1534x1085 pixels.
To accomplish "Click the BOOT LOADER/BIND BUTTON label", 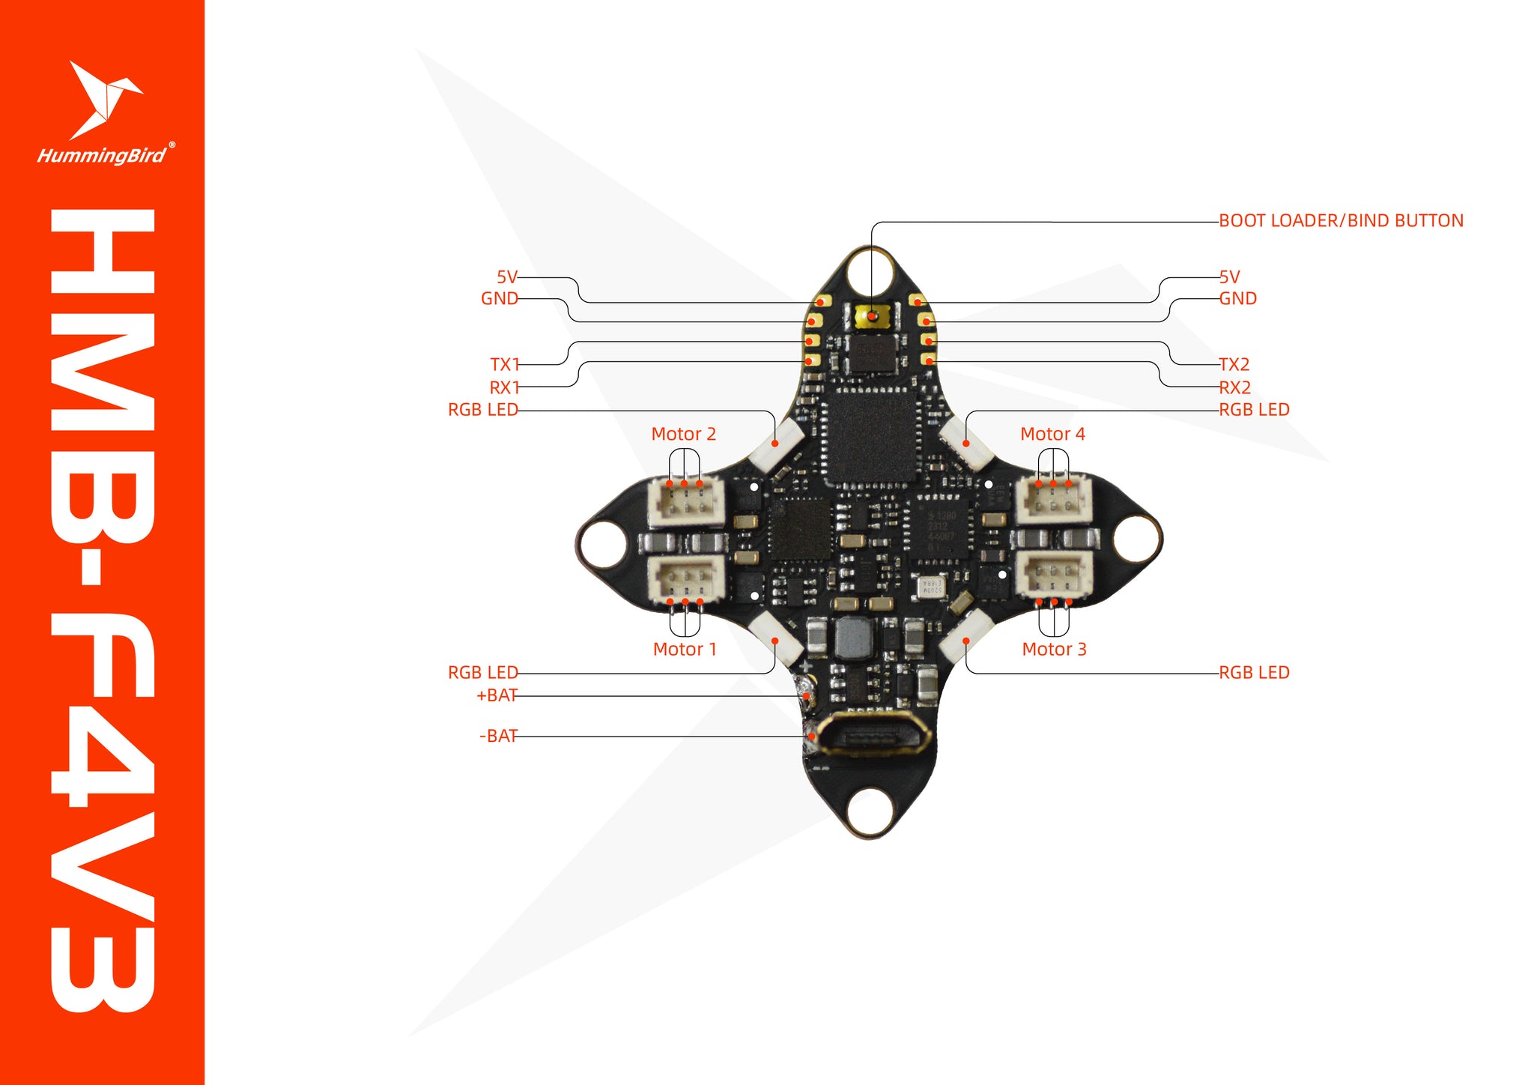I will click(x=1341, y=221).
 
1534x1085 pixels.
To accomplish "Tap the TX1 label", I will click(x=504, y=365).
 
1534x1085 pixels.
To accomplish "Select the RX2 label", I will click(x=1235, y=388).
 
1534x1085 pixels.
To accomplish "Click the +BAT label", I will click(x=497, y=695).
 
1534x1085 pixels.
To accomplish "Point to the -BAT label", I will click(x=498, y=737).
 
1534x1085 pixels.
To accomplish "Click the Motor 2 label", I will click(x=683, y=435).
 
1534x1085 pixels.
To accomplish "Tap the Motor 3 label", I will click(x=1054, y=650).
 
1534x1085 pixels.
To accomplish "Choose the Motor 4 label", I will click(x=1052, y=435).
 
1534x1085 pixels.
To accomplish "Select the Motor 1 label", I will click(x=685, y=650).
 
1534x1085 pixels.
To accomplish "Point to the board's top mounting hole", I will click(x=870, y=271).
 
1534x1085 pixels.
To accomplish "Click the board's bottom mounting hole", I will click(x=870, y=812).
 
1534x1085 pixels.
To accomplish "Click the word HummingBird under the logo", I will click(x=102, y=156).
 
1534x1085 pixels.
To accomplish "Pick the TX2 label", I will click(x=1234, y=365).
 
